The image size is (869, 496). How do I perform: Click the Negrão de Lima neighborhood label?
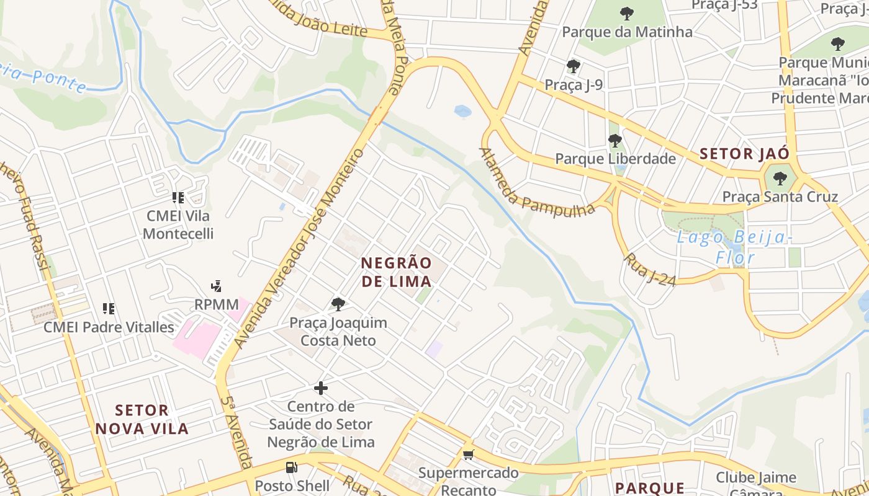coord(396,272)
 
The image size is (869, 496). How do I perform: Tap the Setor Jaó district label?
coord(744,154)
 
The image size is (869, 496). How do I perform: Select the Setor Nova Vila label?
coord(151,419)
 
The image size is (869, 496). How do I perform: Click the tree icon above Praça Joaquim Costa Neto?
coord(338,304)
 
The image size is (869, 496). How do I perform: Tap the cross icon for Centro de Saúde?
coord(320,388)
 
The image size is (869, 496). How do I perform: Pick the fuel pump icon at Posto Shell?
coord(291,467)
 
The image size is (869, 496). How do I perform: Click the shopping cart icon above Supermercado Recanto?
coord(469,455)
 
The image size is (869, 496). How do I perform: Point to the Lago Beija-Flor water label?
coord(734,247)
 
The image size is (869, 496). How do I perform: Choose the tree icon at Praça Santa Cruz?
coord(780,179)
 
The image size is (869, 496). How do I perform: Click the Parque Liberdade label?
coord(615,159)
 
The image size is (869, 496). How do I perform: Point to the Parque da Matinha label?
coord(627,32)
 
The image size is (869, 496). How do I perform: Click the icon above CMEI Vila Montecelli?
coord(178,198)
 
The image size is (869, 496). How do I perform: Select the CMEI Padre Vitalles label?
coord(109,327)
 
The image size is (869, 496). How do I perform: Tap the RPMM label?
coord(216,304)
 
